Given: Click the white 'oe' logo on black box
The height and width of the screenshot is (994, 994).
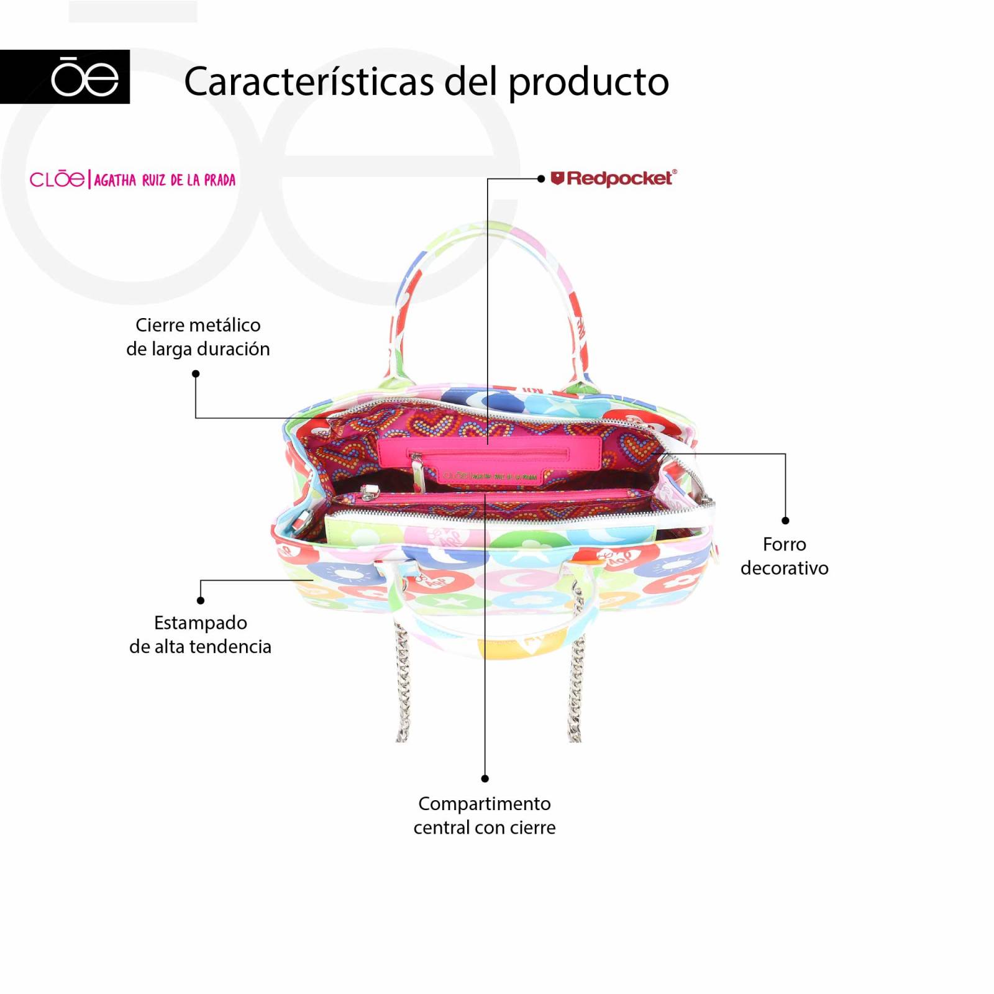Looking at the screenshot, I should coord(84,77).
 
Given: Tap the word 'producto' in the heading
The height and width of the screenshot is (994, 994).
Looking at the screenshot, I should coord(588,83).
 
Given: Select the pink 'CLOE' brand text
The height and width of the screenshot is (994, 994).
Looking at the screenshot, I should coord(57,180).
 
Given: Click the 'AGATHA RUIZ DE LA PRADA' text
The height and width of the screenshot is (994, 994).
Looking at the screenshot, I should coord(165,180).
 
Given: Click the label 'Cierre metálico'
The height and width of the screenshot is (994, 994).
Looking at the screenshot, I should coord(198,325).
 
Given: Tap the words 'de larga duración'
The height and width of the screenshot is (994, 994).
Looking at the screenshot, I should coord(198,349).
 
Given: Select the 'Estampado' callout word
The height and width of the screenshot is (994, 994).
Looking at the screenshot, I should coord(201,622).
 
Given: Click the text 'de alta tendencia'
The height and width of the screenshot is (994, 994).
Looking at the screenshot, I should coord(200,647).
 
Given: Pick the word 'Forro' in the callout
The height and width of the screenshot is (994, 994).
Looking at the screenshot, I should coord(785,544).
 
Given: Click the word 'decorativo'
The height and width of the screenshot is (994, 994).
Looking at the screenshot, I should coord(785,568).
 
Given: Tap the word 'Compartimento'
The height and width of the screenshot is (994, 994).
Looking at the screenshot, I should coord(485,803).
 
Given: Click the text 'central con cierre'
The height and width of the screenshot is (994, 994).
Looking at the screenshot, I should coord(485,828).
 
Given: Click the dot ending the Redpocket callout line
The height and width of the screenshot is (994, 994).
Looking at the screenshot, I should coord(541,179).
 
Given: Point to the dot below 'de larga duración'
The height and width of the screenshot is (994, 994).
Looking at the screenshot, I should coord(196,374).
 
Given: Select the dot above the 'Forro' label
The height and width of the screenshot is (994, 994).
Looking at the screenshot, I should coord(785,521).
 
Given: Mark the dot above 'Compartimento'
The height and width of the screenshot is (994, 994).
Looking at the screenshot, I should coord(485,778).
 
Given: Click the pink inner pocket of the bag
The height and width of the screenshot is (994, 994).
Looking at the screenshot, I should coord(491,457).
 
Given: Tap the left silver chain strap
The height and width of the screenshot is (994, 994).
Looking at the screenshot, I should coord(403,683).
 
